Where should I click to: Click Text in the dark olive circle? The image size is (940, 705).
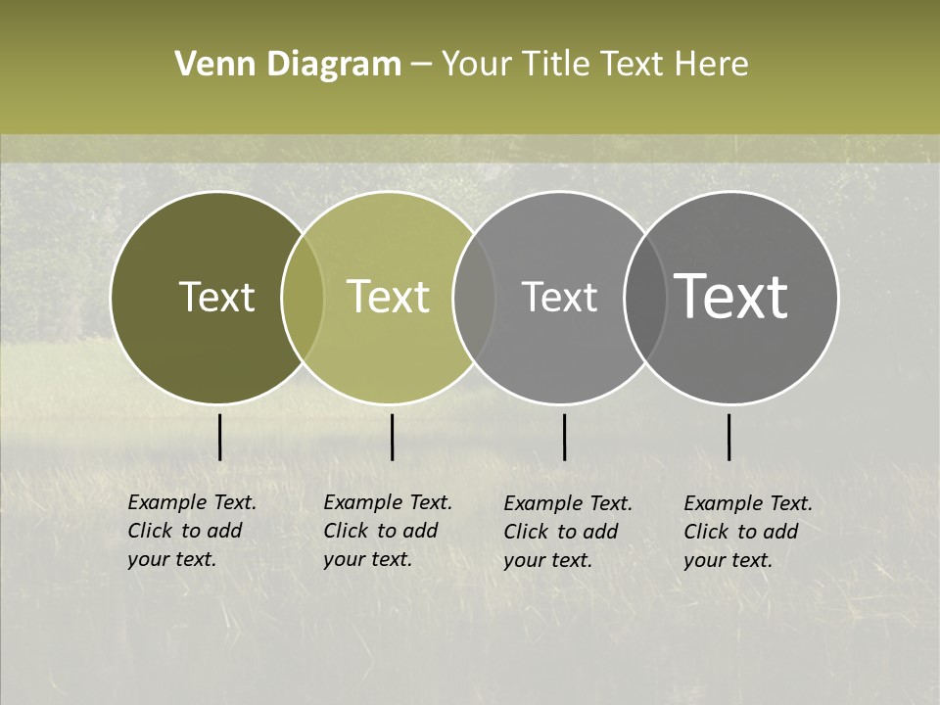point(216,297)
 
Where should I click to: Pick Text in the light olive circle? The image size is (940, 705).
point(388,297)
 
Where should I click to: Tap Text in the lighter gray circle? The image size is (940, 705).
point(559,297)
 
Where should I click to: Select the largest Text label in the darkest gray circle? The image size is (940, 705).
point(731,297)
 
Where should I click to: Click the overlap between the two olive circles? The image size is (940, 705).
point(303,298)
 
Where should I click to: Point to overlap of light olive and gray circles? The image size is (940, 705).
point(474,298)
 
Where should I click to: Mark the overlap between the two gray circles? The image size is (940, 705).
point(644,298)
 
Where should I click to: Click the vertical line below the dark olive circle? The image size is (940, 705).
point(219,437)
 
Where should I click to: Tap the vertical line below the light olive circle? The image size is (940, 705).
point(392,437)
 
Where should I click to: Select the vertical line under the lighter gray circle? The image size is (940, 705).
point(564,437)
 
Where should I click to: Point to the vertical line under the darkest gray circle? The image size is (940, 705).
point(728,437)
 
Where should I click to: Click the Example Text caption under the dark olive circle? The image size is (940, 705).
point(192,531)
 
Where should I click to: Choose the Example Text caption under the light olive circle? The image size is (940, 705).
point(388,531)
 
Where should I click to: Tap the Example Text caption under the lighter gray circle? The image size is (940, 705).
point(568,532)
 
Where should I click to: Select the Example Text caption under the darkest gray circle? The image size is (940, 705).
point(748,532)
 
